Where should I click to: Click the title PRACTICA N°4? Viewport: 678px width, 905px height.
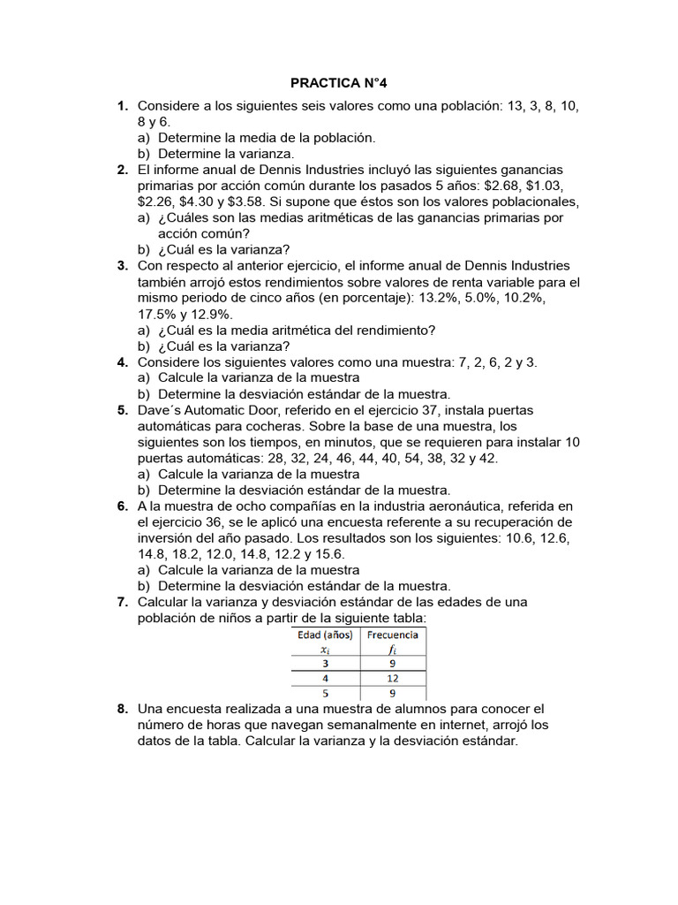[x=339, y=83]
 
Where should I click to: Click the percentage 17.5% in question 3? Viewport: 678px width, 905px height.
[x=156, y=314]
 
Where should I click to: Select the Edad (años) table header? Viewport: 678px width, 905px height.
[x=325, y=635]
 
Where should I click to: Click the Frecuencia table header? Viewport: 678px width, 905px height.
[x=393, y=635]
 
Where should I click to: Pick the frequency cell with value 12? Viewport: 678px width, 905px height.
[x=393, y=678]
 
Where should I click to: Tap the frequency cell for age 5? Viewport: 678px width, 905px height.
[x=393, y=693]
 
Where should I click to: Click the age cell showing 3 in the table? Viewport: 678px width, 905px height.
[x=325, y=663]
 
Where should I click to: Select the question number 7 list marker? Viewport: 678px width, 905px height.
[x=123, y=602]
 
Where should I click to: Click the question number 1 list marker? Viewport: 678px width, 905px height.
[x=123, y=106]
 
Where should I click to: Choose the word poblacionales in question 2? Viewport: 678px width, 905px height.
[x=516, y=202]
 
